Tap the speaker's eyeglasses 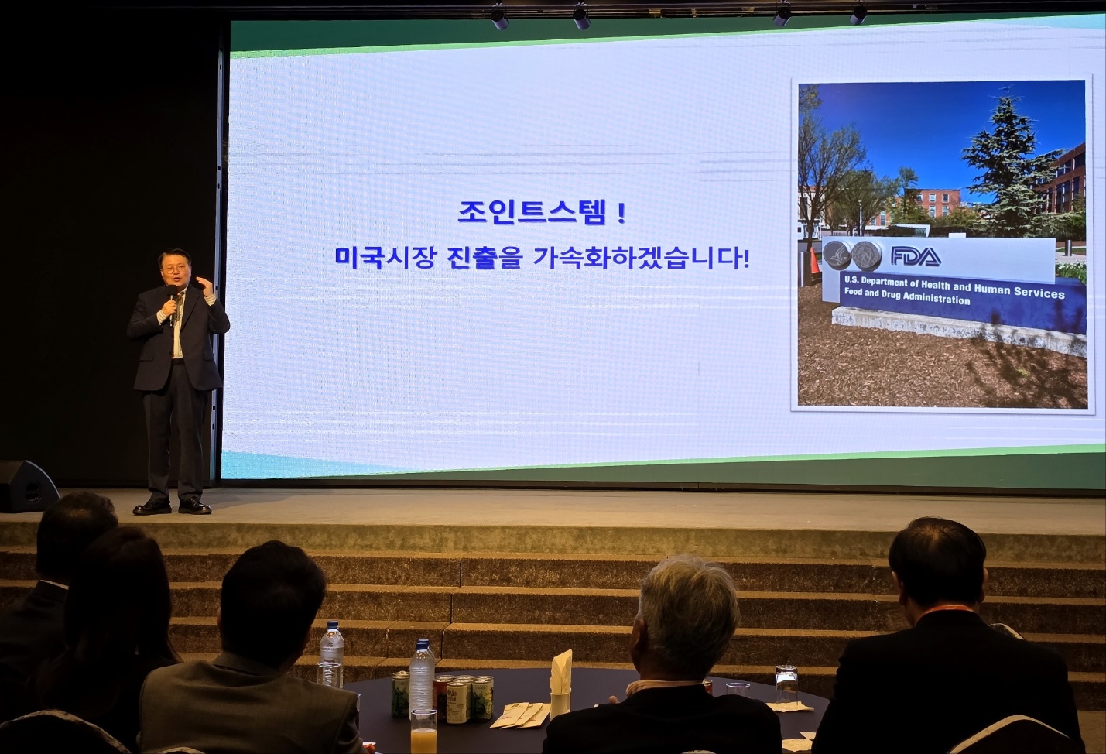click(x=174, y=269)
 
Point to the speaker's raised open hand click(x=206, y=286)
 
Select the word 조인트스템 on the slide click(x=532, y=212)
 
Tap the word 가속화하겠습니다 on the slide click(x=642, y=258)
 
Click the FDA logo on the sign click(x=916, y=256)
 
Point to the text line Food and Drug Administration click(x=907, y=296)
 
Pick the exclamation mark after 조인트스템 click(x=621, y=213)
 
